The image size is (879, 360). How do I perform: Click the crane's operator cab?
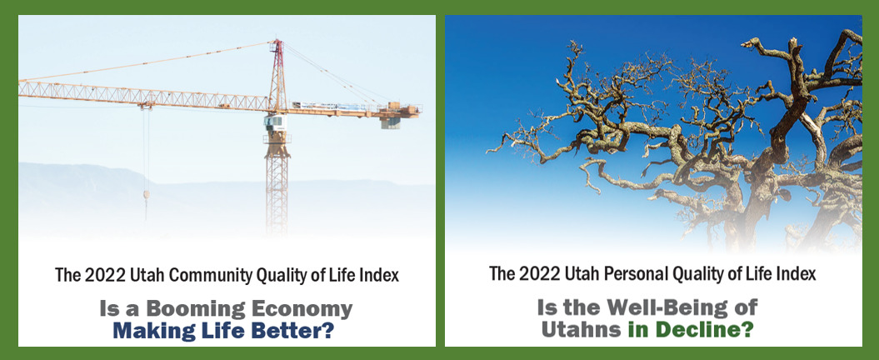[x=274, y=122]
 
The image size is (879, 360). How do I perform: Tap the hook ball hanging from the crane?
[x=147, y=194]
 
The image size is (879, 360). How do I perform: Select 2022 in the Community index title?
[x=99, y=275]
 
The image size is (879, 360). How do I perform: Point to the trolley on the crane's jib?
[x=147, y=105]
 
